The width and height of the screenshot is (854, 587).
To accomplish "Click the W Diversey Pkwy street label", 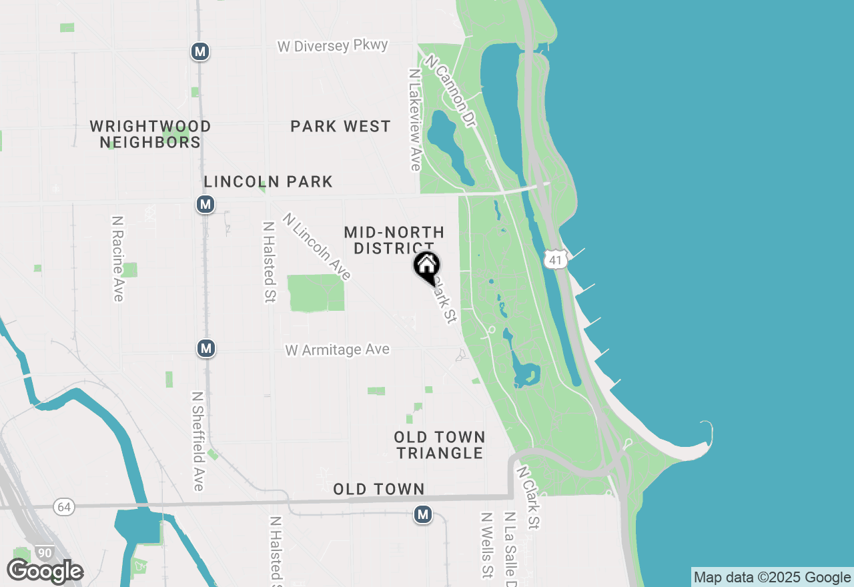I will pyautogui.click(x=333, y=46).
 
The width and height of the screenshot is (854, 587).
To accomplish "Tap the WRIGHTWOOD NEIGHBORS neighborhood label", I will pyautogui.click(x=150, y=134).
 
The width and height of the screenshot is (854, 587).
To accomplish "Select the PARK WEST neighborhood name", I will pyautogui.click(x=340, y=127).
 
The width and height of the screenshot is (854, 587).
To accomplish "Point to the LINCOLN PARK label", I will pyautogui.click(x=268, y=181).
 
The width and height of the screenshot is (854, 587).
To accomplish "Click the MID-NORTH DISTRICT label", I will pyautogui.click(x=394, y=240).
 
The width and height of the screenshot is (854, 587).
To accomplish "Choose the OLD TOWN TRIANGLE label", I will pyautogui.click(x=439, y=445).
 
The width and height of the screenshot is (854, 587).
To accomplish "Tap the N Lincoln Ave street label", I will pyautogui.click(x=316, y=246).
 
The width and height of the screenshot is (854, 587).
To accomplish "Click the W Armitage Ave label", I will pyautogui.click(x=337, y=350).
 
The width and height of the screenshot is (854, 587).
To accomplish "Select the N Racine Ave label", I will pyautogui.click(x=118, y=258).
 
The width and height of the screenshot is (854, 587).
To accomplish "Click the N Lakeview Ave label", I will pyautogui.click(x=415, y=119).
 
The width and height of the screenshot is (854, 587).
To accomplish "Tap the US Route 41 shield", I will pyautogui.click(x=556, y=259).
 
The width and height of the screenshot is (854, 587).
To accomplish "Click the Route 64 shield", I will pyautogui.click(x=64, y=507).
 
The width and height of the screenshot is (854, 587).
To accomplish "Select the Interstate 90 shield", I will pyautogui.click(x=45, y=553).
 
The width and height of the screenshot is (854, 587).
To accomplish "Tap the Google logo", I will pyautogui.click(x=45, y=572).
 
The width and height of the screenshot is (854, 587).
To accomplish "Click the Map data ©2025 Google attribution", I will pyautogui.click(x=772, y=578).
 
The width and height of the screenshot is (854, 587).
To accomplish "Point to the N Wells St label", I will pyautogui.click(x=486, y=545).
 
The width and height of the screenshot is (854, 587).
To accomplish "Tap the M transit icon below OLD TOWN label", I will pyautogui.click(x=422, y=514).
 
